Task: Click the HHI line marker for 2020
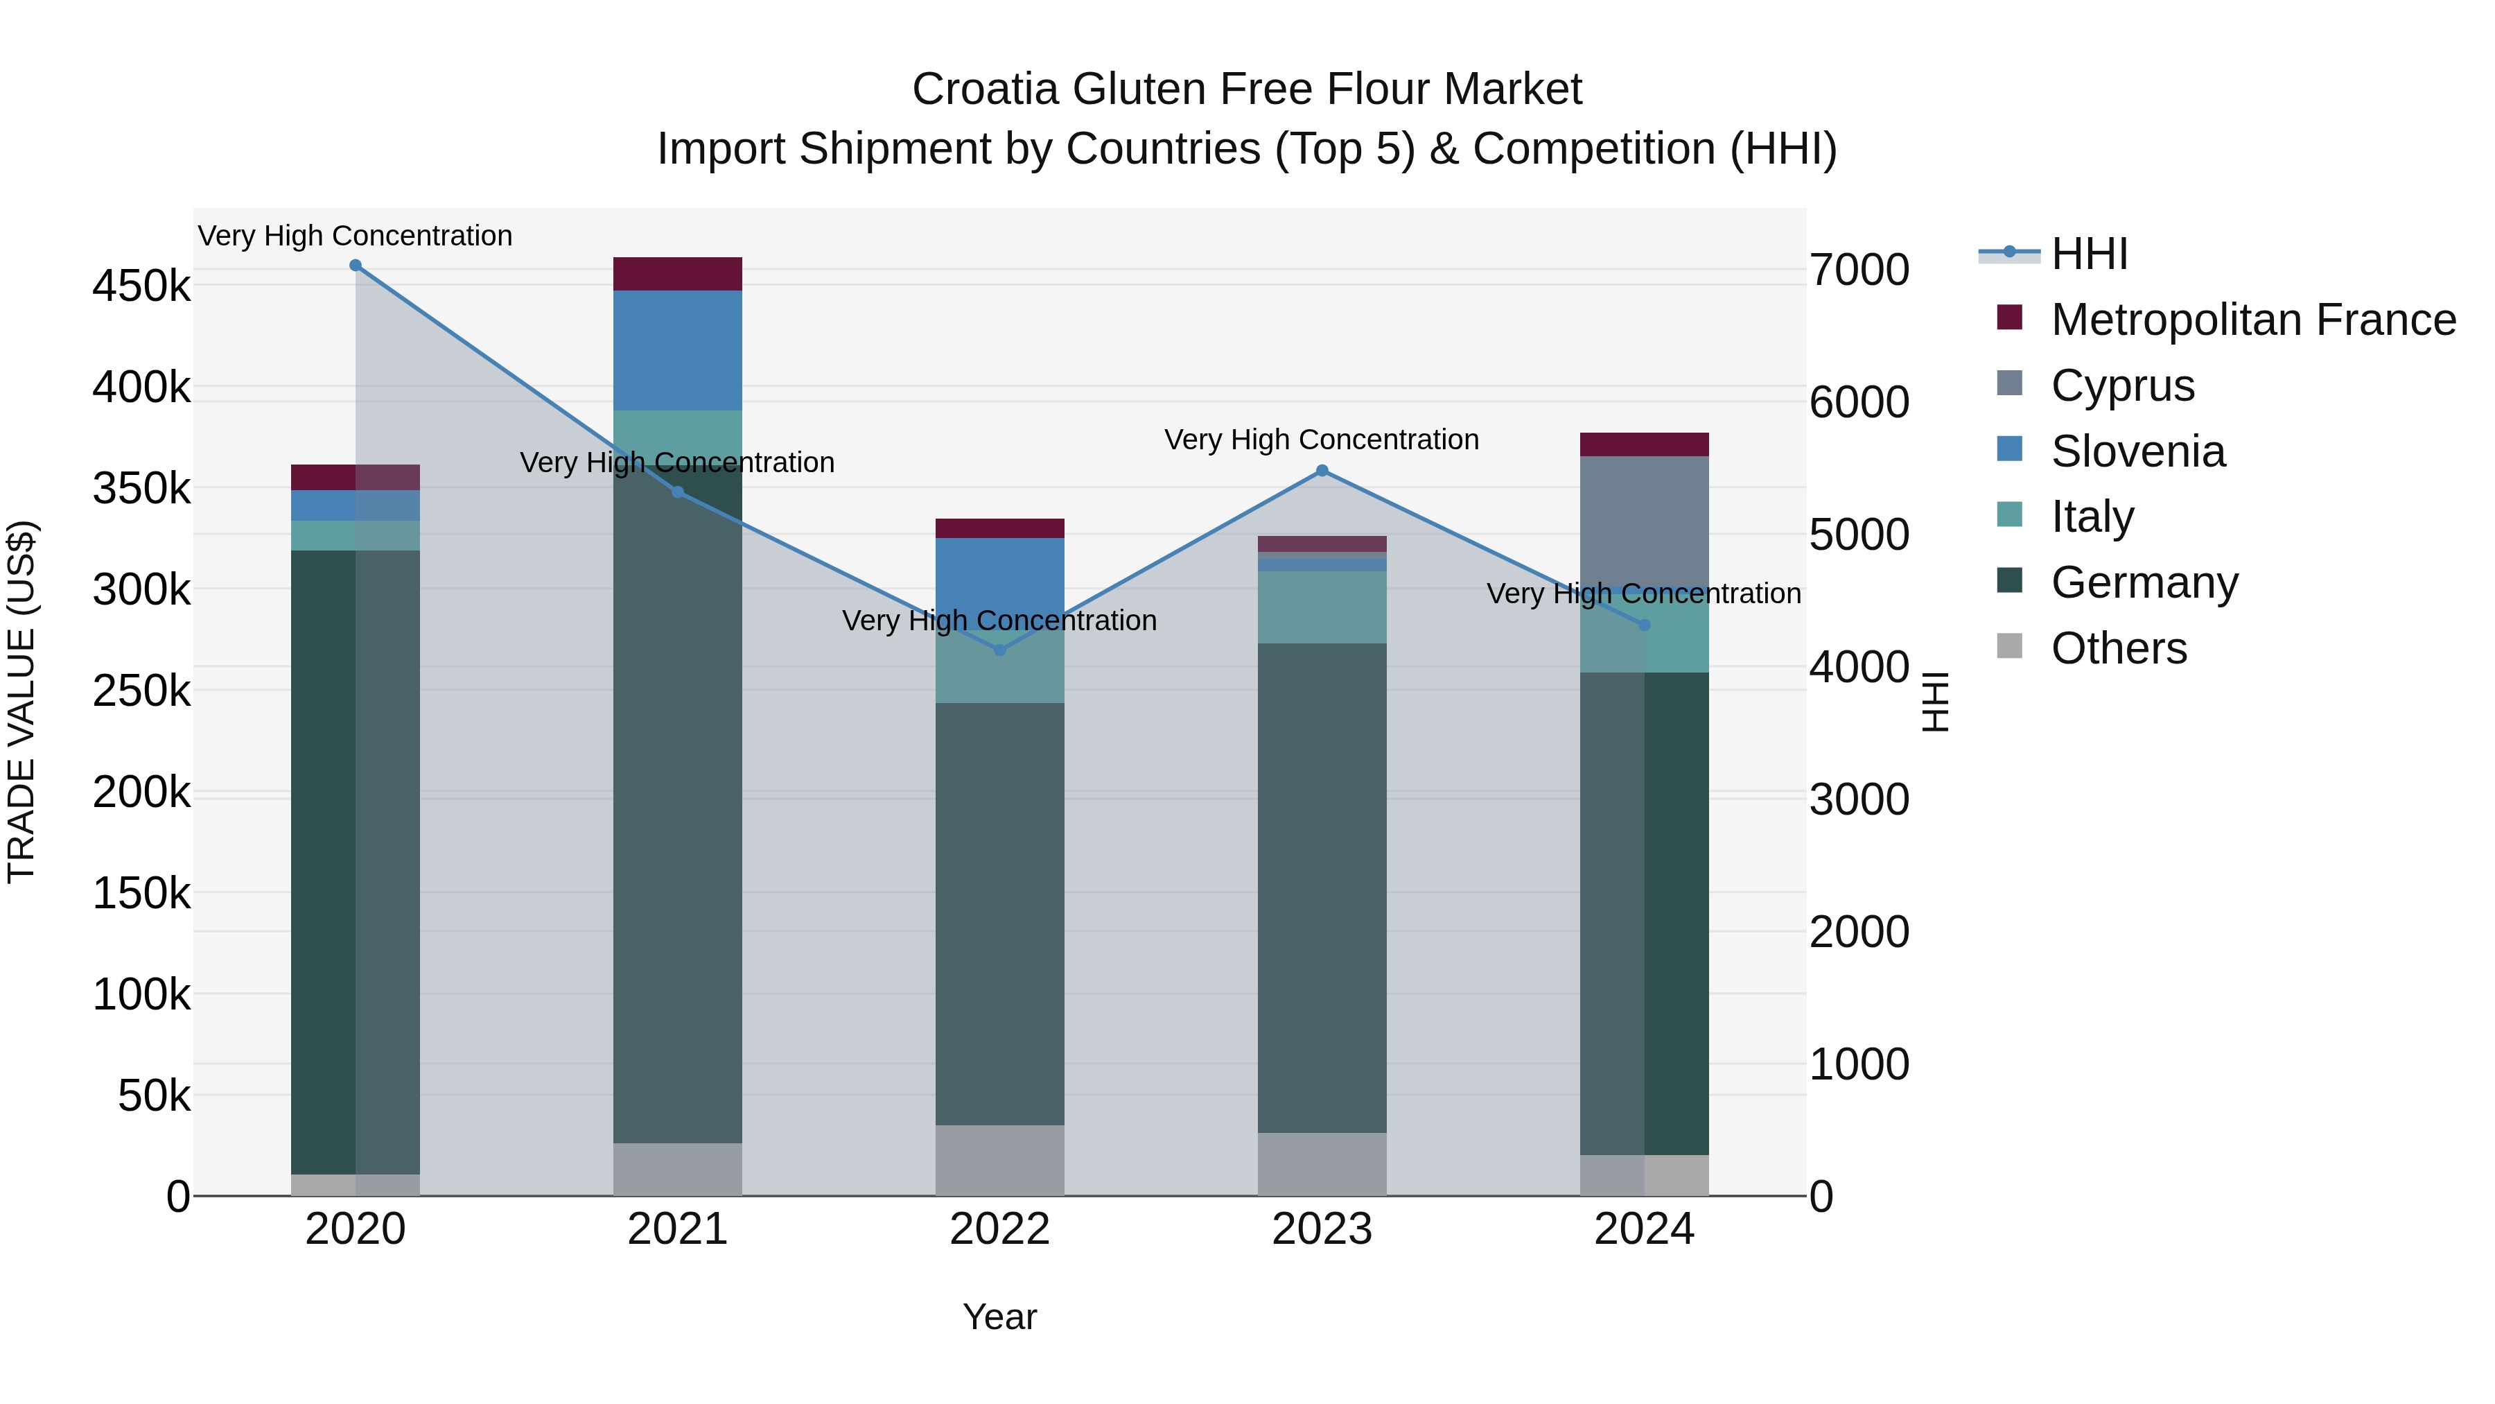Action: point(356,266)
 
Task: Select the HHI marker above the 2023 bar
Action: point(1322,471)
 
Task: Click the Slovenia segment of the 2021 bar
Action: point(677,350)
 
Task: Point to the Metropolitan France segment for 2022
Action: point(999,528)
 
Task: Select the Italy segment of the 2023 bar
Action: point(1322,607)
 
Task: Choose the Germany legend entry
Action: point(2144,582)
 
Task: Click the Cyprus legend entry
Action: point(2121,385)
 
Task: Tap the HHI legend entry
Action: point(2088,254)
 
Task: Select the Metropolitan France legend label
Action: point(2253,320)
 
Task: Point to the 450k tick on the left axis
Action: point(141,287)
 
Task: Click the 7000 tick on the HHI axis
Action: point(1859,270)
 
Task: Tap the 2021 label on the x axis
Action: point(677,1229)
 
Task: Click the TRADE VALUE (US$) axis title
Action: point(21,702)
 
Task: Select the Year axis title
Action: point(999,1317)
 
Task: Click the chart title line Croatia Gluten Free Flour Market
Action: point(1247,89)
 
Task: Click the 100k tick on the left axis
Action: point(141,995)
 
